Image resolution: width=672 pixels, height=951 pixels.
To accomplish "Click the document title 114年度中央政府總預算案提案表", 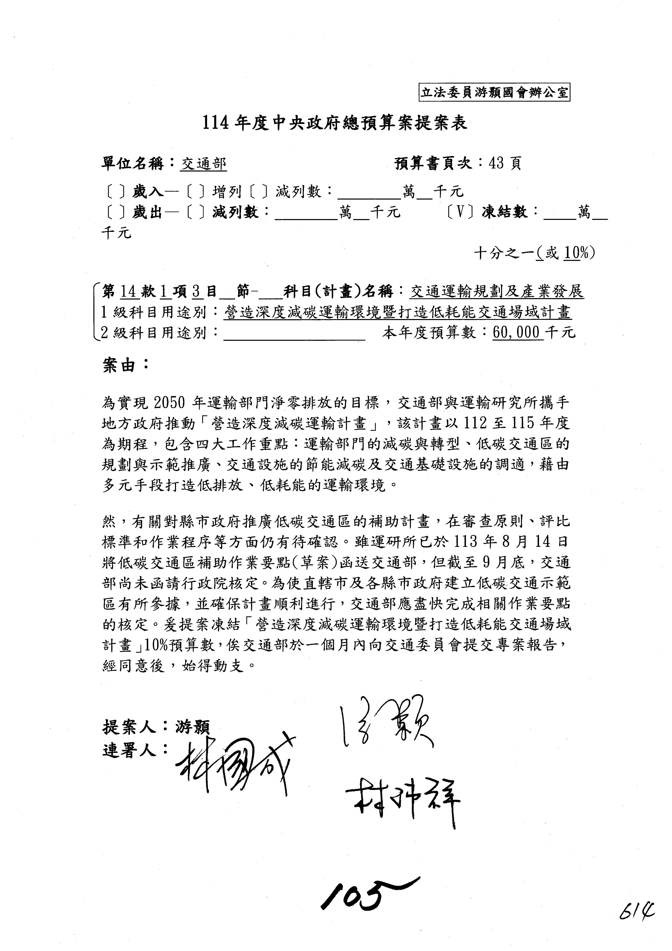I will click(335, 123).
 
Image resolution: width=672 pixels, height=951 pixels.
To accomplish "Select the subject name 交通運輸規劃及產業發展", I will click(497, 292).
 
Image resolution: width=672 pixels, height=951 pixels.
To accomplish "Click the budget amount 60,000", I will click(517, 332).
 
